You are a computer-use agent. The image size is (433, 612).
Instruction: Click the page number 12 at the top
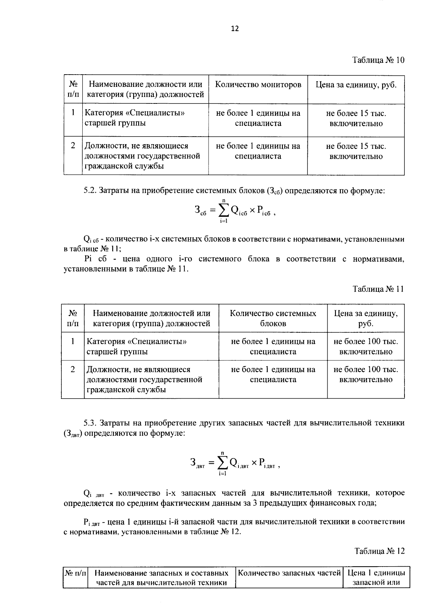(235, 29)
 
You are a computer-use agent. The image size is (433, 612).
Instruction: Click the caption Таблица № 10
(378, 60)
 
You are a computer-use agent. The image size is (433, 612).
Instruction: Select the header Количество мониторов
(258, 85)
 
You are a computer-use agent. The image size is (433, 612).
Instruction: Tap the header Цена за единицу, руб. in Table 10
(356, 85)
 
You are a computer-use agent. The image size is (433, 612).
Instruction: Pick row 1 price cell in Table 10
(356, 119)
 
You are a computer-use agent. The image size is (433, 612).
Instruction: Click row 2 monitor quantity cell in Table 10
(258, 151)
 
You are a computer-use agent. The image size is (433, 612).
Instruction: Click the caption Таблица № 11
(379, 289)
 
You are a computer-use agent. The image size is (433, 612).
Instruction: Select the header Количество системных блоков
(273, 318)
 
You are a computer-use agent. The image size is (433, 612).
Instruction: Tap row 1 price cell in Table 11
(366, 346)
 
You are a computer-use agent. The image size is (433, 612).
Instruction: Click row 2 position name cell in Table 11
(144, 380)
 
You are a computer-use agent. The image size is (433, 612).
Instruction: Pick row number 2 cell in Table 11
(73, 369)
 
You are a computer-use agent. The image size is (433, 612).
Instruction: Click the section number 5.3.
(90, 423)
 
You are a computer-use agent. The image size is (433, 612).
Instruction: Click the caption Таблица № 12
(379, 551)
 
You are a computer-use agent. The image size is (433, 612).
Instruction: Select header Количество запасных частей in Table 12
(289, 573)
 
